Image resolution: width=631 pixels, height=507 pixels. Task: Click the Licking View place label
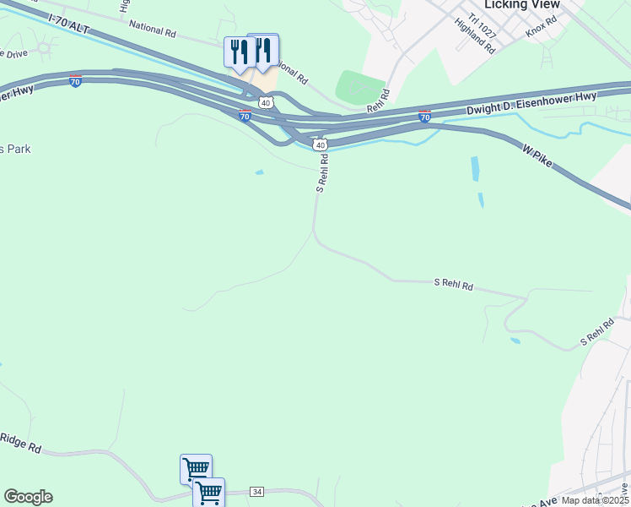[x=521, y=5]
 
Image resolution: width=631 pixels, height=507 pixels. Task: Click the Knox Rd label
[x=542, y=26]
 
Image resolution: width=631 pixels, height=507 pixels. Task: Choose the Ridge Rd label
[x=20, y=442]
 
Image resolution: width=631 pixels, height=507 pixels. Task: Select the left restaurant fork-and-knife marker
[x=240, y=52]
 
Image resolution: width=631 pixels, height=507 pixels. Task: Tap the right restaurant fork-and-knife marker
[x=262, y=50]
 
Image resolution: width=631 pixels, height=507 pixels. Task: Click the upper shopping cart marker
[x=196, y=468]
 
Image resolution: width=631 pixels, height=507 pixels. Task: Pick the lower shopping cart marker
[x=208, y=492]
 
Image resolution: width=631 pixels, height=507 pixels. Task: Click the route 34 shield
[x=257, y=492]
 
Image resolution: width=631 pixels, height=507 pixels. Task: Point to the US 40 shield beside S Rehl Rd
[x=321, y=145]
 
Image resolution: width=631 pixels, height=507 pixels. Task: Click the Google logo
[x=28, y=497]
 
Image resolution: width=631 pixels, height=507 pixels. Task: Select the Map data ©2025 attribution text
[x=594, y=500]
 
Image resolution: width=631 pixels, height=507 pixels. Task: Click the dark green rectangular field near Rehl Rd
[x=361, y=87]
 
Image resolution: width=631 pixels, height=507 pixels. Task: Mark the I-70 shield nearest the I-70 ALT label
[x=75, y=82]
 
